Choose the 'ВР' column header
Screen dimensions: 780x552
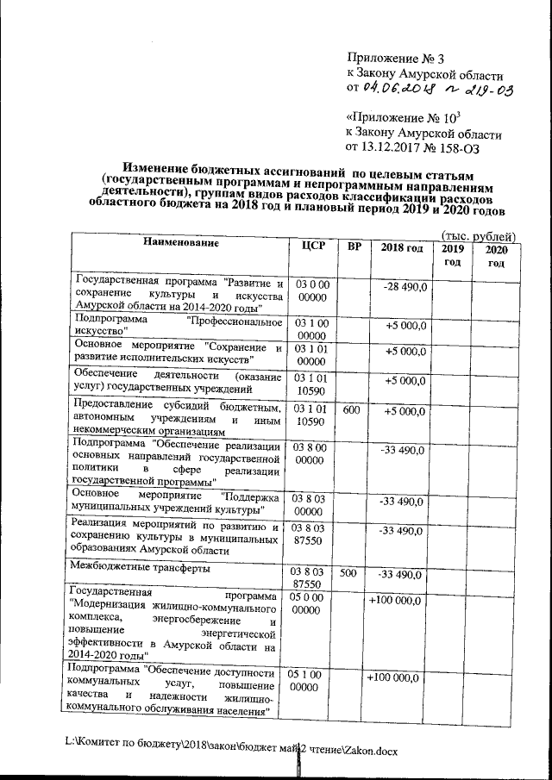pos(354,246)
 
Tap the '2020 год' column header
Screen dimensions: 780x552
pos(495,256)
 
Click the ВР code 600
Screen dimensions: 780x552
pos(352,411)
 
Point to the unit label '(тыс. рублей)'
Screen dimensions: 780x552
pos(479,235)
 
